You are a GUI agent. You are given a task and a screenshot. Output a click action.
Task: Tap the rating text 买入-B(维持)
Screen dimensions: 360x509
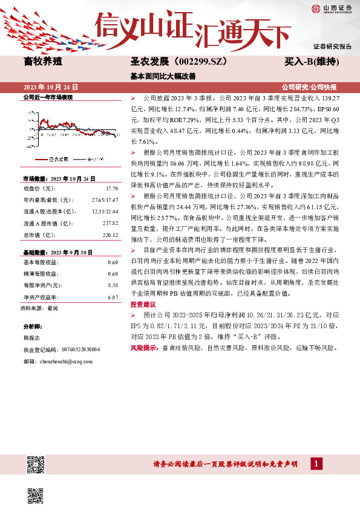pyautogui.click(x=312, y=62)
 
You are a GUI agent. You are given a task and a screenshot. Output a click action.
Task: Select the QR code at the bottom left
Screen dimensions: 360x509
pyautogui.click(x=36, y=465)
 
